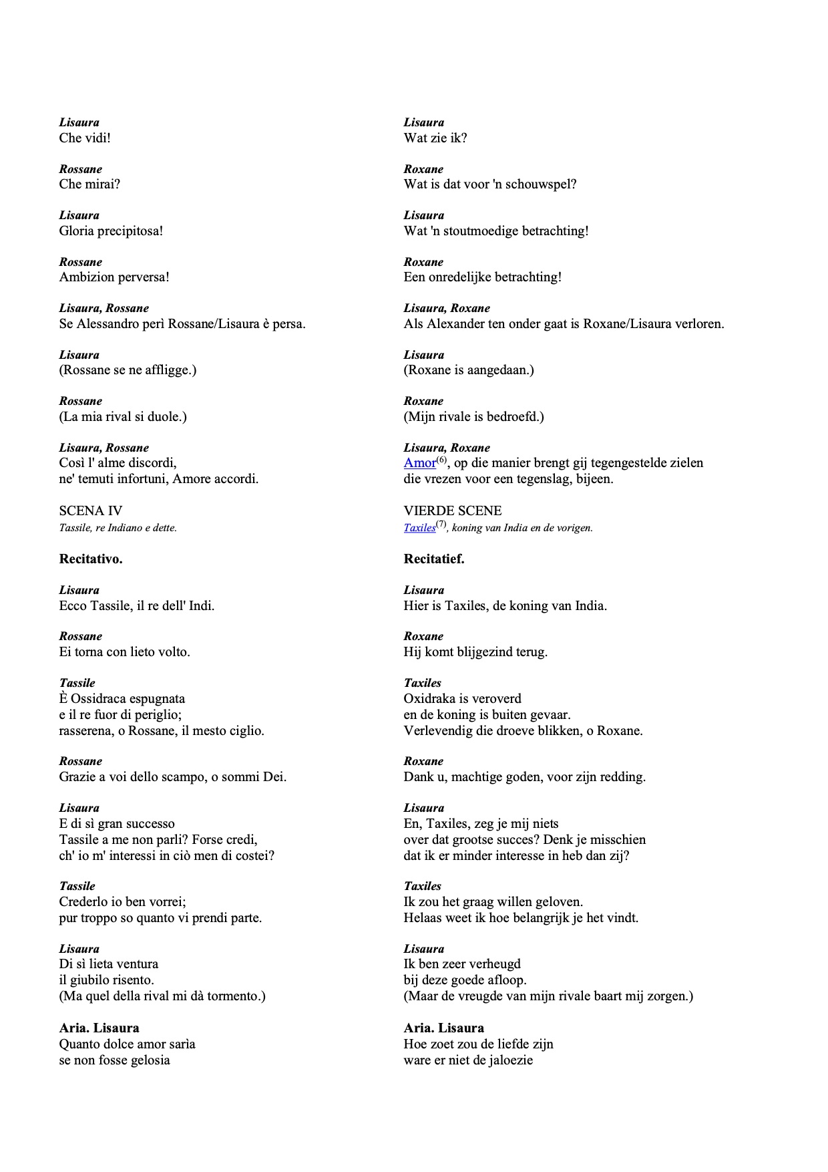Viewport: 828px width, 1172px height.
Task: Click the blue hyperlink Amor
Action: (x=419, y=463)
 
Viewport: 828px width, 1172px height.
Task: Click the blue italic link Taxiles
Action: (x=419, y=528)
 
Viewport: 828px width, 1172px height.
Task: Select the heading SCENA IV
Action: (x=91, y=511)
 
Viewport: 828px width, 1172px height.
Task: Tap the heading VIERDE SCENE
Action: (x=453, y=511)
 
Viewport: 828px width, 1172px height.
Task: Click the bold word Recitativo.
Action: (x=91, y=559)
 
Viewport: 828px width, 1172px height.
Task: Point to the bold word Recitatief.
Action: (x=434, y=559)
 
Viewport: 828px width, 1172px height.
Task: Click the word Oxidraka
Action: (x=433, y=699)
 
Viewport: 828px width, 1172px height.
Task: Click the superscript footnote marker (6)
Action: (x=441, y=460)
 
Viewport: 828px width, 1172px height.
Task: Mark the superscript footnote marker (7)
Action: (x=441, y=525)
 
